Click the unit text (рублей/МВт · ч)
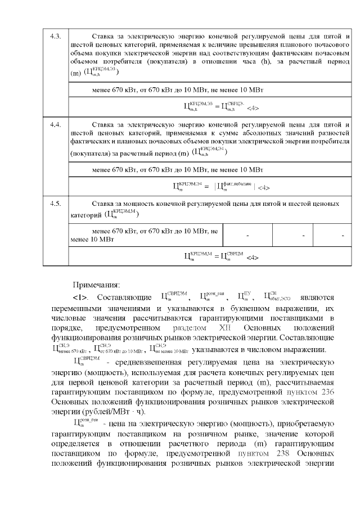click(x=102, y=411)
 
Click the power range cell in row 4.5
click(x=146, y=235)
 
